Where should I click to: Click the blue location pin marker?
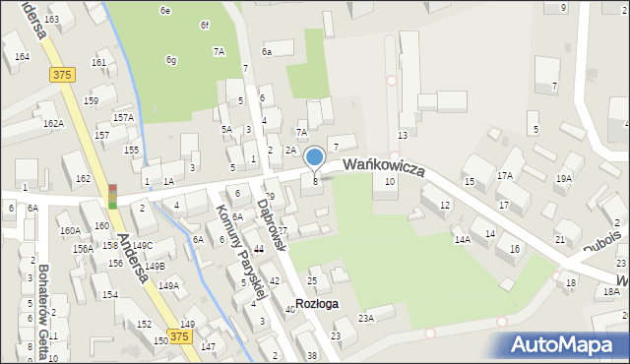(x=315, y=157)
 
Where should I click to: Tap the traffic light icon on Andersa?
(x=112, y=197)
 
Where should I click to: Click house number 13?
(x=403, y=135)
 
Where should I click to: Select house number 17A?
(x=505, y=176)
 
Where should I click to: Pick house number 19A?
(x=564, y=179)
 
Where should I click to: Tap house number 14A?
(x=462, y=239)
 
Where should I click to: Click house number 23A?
(x=366, y=318)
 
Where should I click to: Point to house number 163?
(x=51, y=20)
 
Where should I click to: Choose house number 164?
(x=22, y=57)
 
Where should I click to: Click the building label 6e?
(x=165, y=11)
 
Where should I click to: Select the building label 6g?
(x=171, y=60)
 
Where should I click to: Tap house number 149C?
(x=144, y=245)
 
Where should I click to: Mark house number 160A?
(x=69, y=230)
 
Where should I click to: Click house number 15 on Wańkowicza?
(x=469, y=181)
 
